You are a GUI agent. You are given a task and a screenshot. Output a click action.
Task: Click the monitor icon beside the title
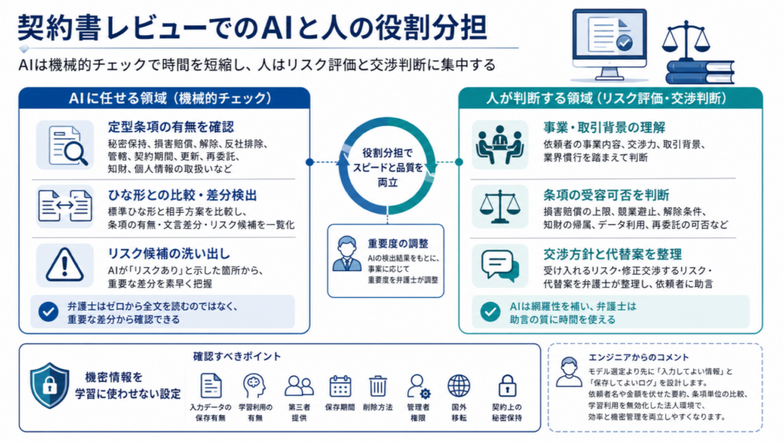(609, 44)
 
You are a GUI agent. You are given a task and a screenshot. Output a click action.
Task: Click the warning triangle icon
(64, 264)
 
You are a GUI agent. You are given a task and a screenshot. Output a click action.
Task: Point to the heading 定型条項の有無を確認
(171, 127)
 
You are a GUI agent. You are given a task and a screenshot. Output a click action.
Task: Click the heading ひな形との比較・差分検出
(182, 195)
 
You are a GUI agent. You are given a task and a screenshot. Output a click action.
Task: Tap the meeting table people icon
(499, 145)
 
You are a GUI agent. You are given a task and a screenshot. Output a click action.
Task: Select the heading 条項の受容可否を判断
(606, 195)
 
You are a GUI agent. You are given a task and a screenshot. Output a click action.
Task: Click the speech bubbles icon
(500, 266)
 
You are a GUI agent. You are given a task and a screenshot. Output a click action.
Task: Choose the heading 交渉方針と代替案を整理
(612, 254)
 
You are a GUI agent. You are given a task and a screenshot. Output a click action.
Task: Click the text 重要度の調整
(398, 243)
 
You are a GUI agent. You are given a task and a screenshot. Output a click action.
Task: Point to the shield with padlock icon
(50, 386)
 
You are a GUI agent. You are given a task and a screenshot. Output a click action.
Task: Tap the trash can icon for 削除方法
(377, 386)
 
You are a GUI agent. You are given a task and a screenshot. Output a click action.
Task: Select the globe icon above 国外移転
(459, 386)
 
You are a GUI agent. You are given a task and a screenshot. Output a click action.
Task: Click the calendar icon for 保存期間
(340, 386)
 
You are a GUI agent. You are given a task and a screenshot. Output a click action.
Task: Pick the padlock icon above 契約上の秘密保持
(507, 386)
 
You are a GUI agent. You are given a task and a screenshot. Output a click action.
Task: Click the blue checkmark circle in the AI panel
(48, 312)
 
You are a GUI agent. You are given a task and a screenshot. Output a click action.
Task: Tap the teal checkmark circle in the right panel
(490, 312)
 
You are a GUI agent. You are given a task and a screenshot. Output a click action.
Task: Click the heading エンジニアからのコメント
(639, 358)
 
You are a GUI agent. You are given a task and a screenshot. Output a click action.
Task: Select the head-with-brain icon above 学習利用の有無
(254, 386)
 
